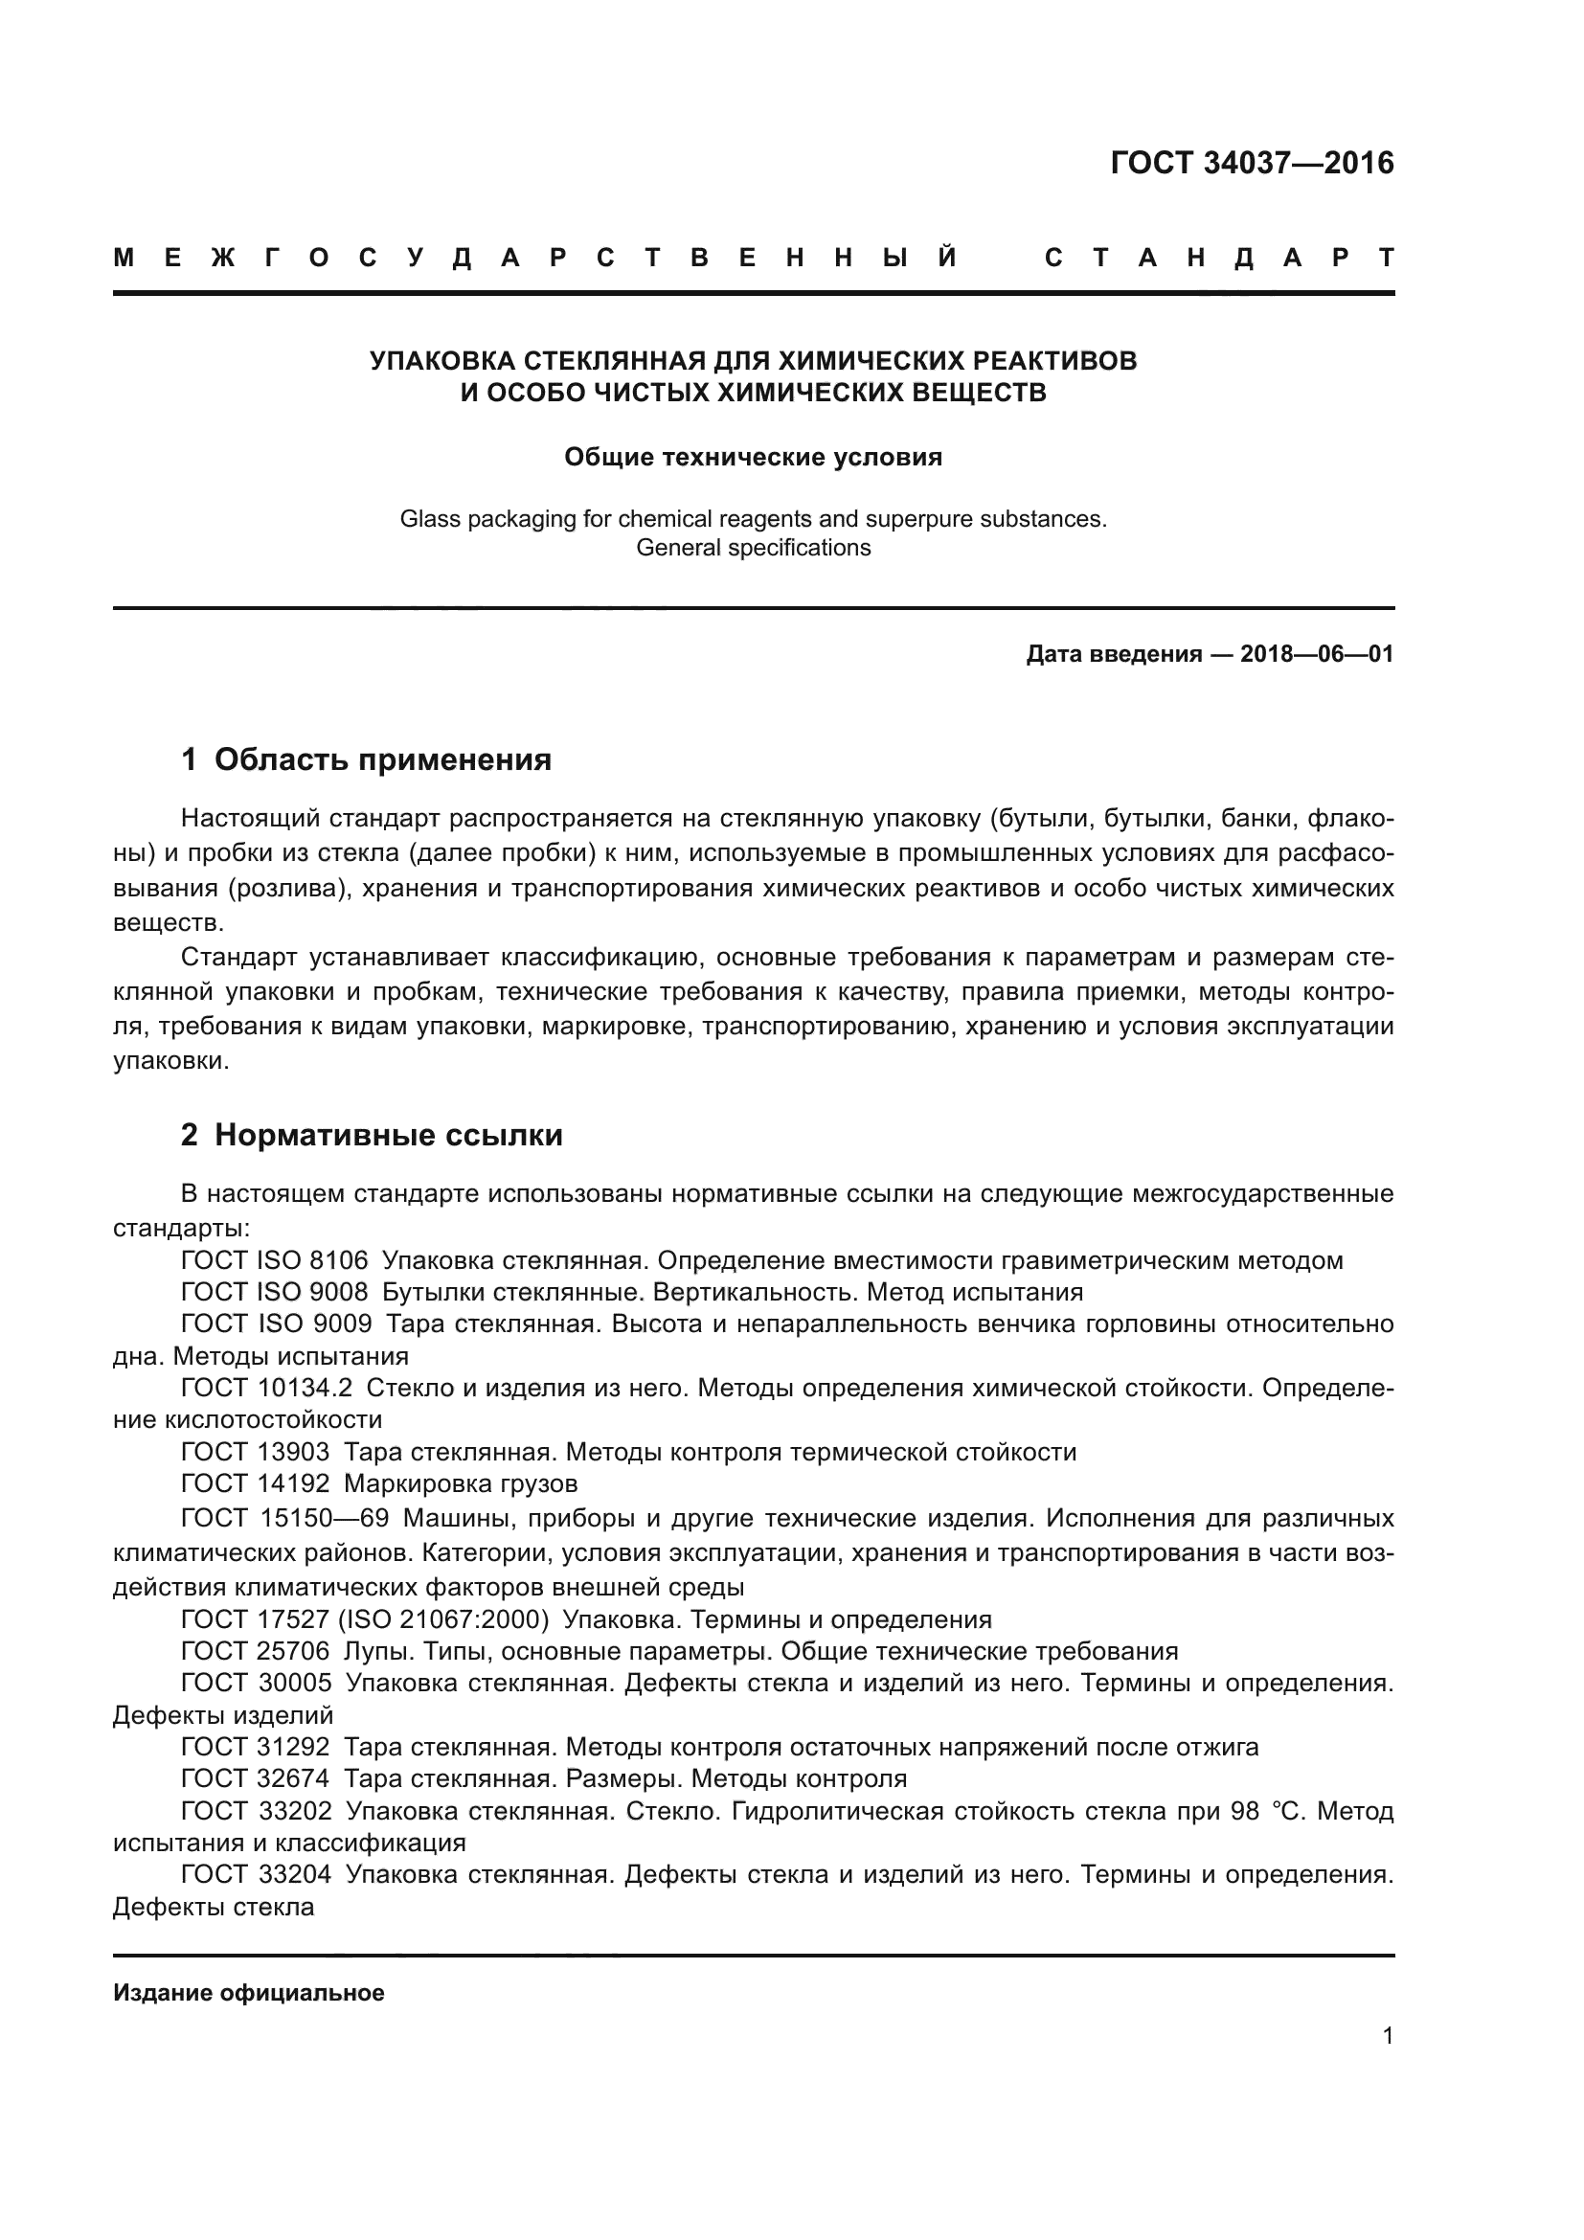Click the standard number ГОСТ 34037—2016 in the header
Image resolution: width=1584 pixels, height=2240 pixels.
1252,163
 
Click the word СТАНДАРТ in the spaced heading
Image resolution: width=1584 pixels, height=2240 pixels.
1218,258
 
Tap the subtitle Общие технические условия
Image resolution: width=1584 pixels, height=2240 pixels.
753,458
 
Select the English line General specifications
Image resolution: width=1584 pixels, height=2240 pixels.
753,549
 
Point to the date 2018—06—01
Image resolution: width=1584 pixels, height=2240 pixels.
1317,654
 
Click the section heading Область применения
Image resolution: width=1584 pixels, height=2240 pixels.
382,759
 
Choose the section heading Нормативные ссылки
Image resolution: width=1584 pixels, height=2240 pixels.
388,1136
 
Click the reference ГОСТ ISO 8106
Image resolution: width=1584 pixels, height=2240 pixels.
274,1260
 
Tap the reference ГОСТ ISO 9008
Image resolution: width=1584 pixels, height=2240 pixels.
274,1293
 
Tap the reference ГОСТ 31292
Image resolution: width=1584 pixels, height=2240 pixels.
255,1748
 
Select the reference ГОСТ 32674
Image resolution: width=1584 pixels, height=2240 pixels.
255,1778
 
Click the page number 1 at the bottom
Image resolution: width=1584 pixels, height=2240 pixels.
1387,2036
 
